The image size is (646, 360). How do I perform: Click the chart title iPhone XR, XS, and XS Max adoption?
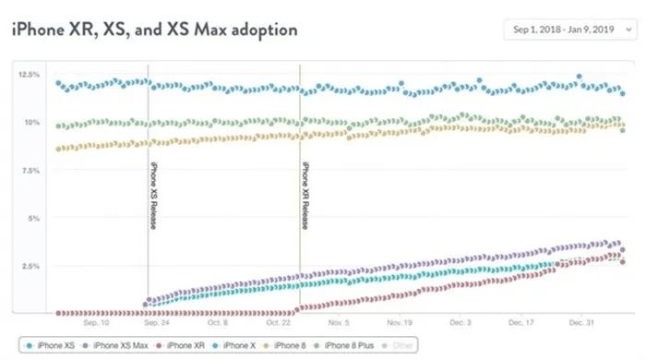tap(154, 30)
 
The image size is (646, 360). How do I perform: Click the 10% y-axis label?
tap(30, 122)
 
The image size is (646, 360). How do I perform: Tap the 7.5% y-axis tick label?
tap(29, 170)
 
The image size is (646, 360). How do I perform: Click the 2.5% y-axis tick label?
tap(29, 266)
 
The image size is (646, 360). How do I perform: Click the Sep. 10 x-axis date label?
tap(96, 324)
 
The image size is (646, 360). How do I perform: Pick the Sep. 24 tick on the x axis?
tap(156, 324)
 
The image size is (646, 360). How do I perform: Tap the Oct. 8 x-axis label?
tap(217, 324)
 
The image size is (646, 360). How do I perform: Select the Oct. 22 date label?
tap(278, 324)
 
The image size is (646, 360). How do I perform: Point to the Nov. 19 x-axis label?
tap(399, 324)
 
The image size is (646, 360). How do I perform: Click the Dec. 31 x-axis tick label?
tap(580, 324)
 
